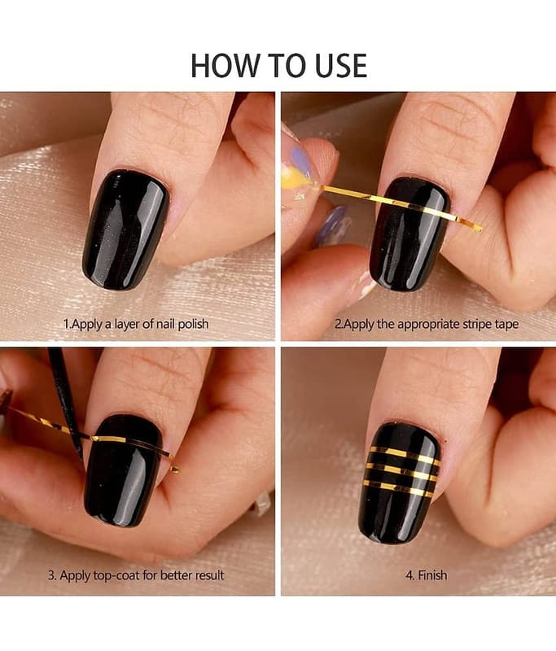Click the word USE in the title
(x=341, y=66)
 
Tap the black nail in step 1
(x=125, y=229)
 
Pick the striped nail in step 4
(x=399, y=483)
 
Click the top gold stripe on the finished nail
(x=405, y=455)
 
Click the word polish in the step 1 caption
(x=193, y=324)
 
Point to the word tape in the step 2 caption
(x=506, y=324)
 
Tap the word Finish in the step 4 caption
(x=432, y=575)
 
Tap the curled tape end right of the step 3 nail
(x=175, y=469)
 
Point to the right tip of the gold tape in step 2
(x=481, y=229)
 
